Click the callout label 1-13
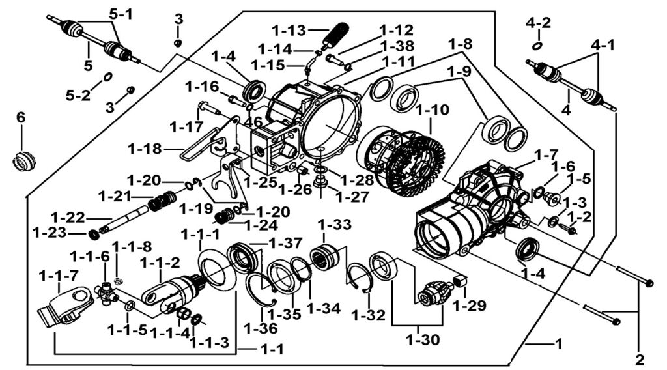click(289, 31)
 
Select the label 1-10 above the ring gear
click(433, 109)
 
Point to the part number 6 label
click(21, 117)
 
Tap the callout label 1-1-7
click(58, 277)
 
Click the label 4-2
click(538, 23)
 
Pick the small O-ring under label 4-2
click(537, 46)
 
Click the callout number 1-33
click(335, 224)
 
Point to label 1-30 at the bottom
click(423, 340)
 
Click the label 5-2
click(78, 95)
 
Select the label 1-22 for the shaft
click(68, 218)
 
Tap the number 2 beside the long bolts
click(640, 360)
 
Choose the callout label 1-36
click(261, 328)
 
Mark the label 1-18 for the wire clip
click(145, 149)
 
